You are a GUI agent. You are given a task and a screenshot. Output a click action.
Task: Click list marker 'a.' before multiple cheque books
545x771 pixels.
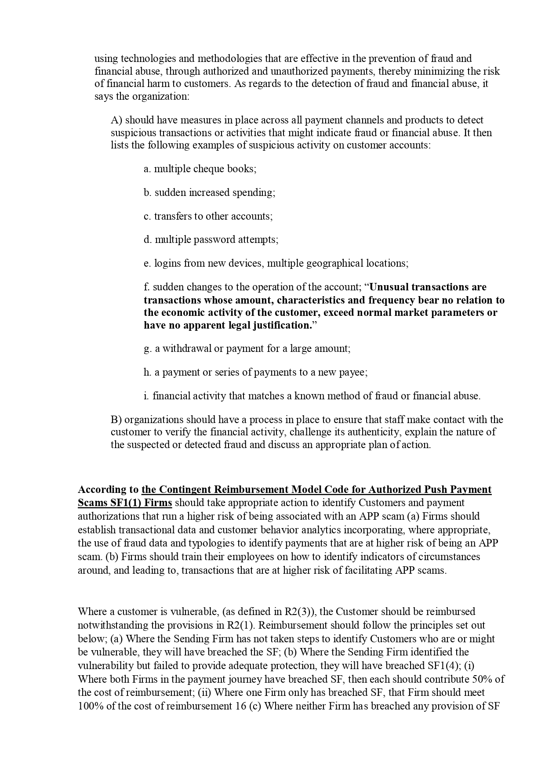(x=147, y=169)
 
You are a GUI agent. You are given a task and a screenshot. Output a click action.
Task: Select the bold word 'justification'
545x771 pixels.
(x=281, y=326)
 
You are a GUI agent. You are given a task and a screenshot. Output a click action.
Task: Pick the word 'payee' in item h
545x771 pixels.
(x=352, y=373)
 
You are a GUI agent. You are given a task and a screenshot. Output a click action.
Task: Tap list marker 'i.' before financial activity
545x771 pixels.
(x=146, y=396)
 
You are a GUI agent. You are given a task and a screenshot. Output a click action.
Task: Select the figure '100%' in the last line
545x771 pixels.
(x=90, y=706)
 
